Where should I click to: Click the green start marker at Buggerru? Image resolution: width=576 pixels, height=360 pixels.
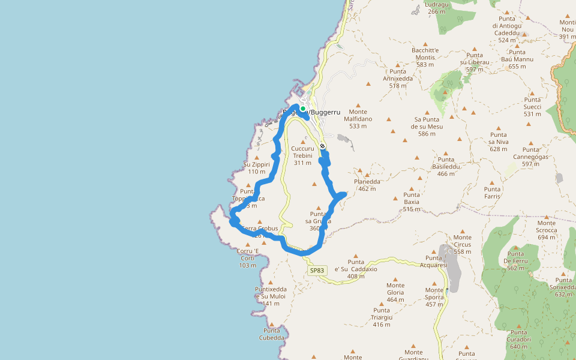click(x=303, y=109)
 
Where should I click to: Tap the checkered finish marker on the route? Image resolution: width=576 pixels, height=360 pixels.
click(x=322, y=146)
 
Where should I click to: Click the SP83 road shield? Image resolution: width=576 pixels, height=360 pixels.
click(x=317, y=271)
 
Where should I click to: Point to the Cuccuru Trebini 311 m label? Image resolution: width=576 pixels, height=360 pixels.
click(x=302, y=155)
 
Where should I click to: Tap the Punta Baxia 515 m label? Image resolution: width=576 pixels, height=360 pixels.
click(x=412, y=202)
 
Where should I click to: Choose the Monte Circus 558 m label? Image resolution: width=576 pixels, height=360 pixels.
click(x=463, y=244)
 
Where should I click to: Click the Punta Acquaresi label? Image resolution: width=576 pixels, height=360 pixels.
click(x=433, y=261)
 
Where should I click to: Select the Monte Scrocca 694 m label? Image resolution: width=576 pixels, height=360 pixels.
click(x=547, y=230)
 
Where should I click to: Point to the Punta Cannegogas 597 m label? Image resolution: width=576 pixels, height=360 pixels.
click(x=531, y=157)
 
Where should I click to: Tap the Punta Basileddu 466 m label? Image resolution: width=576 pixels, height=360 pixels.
click(x=446, y=167)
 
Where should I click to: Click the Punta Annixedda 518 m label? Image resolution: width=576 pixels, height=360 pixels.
click(x=397, y=79)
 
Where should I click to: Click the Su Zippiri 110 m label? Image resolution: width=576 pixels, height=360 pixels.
click(x=256, y=168)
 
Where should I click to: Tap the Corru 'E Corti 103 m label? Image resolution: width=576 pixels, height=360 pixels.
click(x=248, y=258)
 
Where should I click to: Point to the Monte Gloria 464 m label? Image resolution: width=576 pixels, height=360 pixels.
click(x=395, y=292)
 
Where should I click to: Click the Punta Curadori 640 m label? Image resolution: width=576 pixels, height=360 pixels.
click(x=519, y=339)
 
